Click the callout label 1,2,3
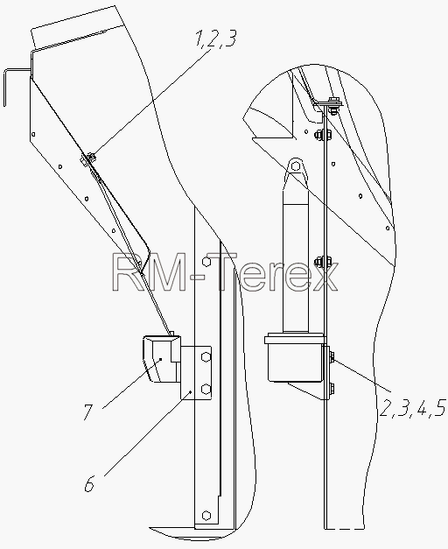(216, 39)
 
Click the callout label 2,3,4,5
(412, 408)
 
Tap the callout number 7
(87, 412)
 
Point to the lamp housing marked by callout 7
(161, 358)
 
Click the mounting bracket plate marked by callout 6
(196, 372)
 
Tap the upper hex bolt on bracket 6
(206, 357)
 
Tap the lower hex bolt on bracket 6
(206, 388)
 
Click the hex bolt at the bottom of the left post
(206, 515)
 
